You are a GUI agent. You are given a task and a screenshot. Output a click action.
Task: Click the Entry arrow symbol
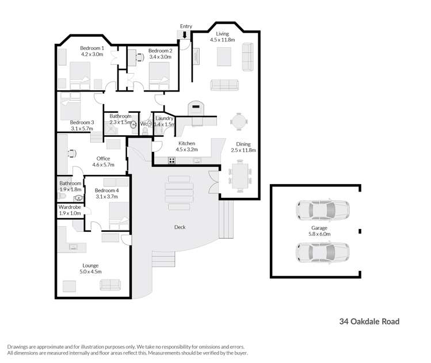pos(185,36)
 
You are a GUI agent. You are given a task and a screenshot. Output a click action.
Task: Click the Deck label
pos(180,227)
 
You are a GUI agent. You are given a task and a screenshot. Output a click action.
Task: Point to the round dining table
pos(239,122)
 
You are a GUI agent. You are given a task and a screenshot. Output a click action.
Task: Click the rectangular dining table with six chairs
pos(239,176)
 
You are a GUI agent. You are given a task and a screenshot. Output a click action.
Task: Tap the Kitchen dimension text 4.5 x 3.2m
pos(186,150)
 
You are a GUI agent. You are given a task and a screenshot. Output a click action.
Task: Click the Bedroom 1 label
pos(92,48)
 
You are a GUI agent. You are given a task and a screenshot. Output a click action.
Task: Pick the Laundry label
pos(165,119)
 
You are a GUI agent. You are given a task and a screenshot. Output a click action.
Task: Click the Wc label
pos(144,124)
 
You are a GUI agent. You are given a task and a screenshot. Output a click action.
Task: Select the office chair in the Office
pos(71,153)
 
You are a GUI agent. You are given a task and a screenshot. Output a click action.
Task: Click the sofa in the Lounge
pos(110,284)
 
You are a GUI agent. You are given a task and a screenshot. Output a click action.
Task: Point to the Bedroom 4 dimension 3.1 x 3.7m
pos(106,197)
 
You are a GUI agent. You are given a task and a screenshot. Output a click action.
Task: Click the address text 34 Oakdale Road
pos(369,322)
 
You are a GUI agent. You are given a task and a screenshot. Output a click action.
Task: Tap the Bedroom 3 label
pos(82,123)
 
